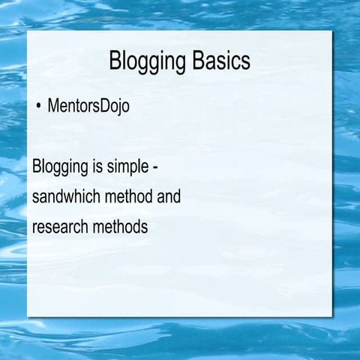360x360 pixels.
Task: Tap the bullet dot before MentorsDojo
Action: [38, 106]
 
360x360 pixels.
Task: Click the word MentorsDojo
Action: [88, 106]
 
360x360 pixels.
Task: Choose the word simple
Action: [136, 167]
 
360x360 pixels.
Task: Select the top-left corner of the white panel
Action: [28, 31]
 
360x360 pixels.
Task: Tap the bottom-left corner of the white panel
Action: [28, 316]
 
